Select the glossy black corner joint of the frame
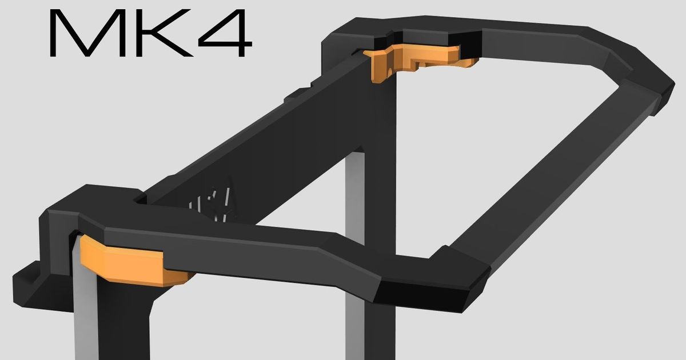pos(429,291)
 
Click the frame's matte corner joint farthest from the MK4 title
pos(652,86)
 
